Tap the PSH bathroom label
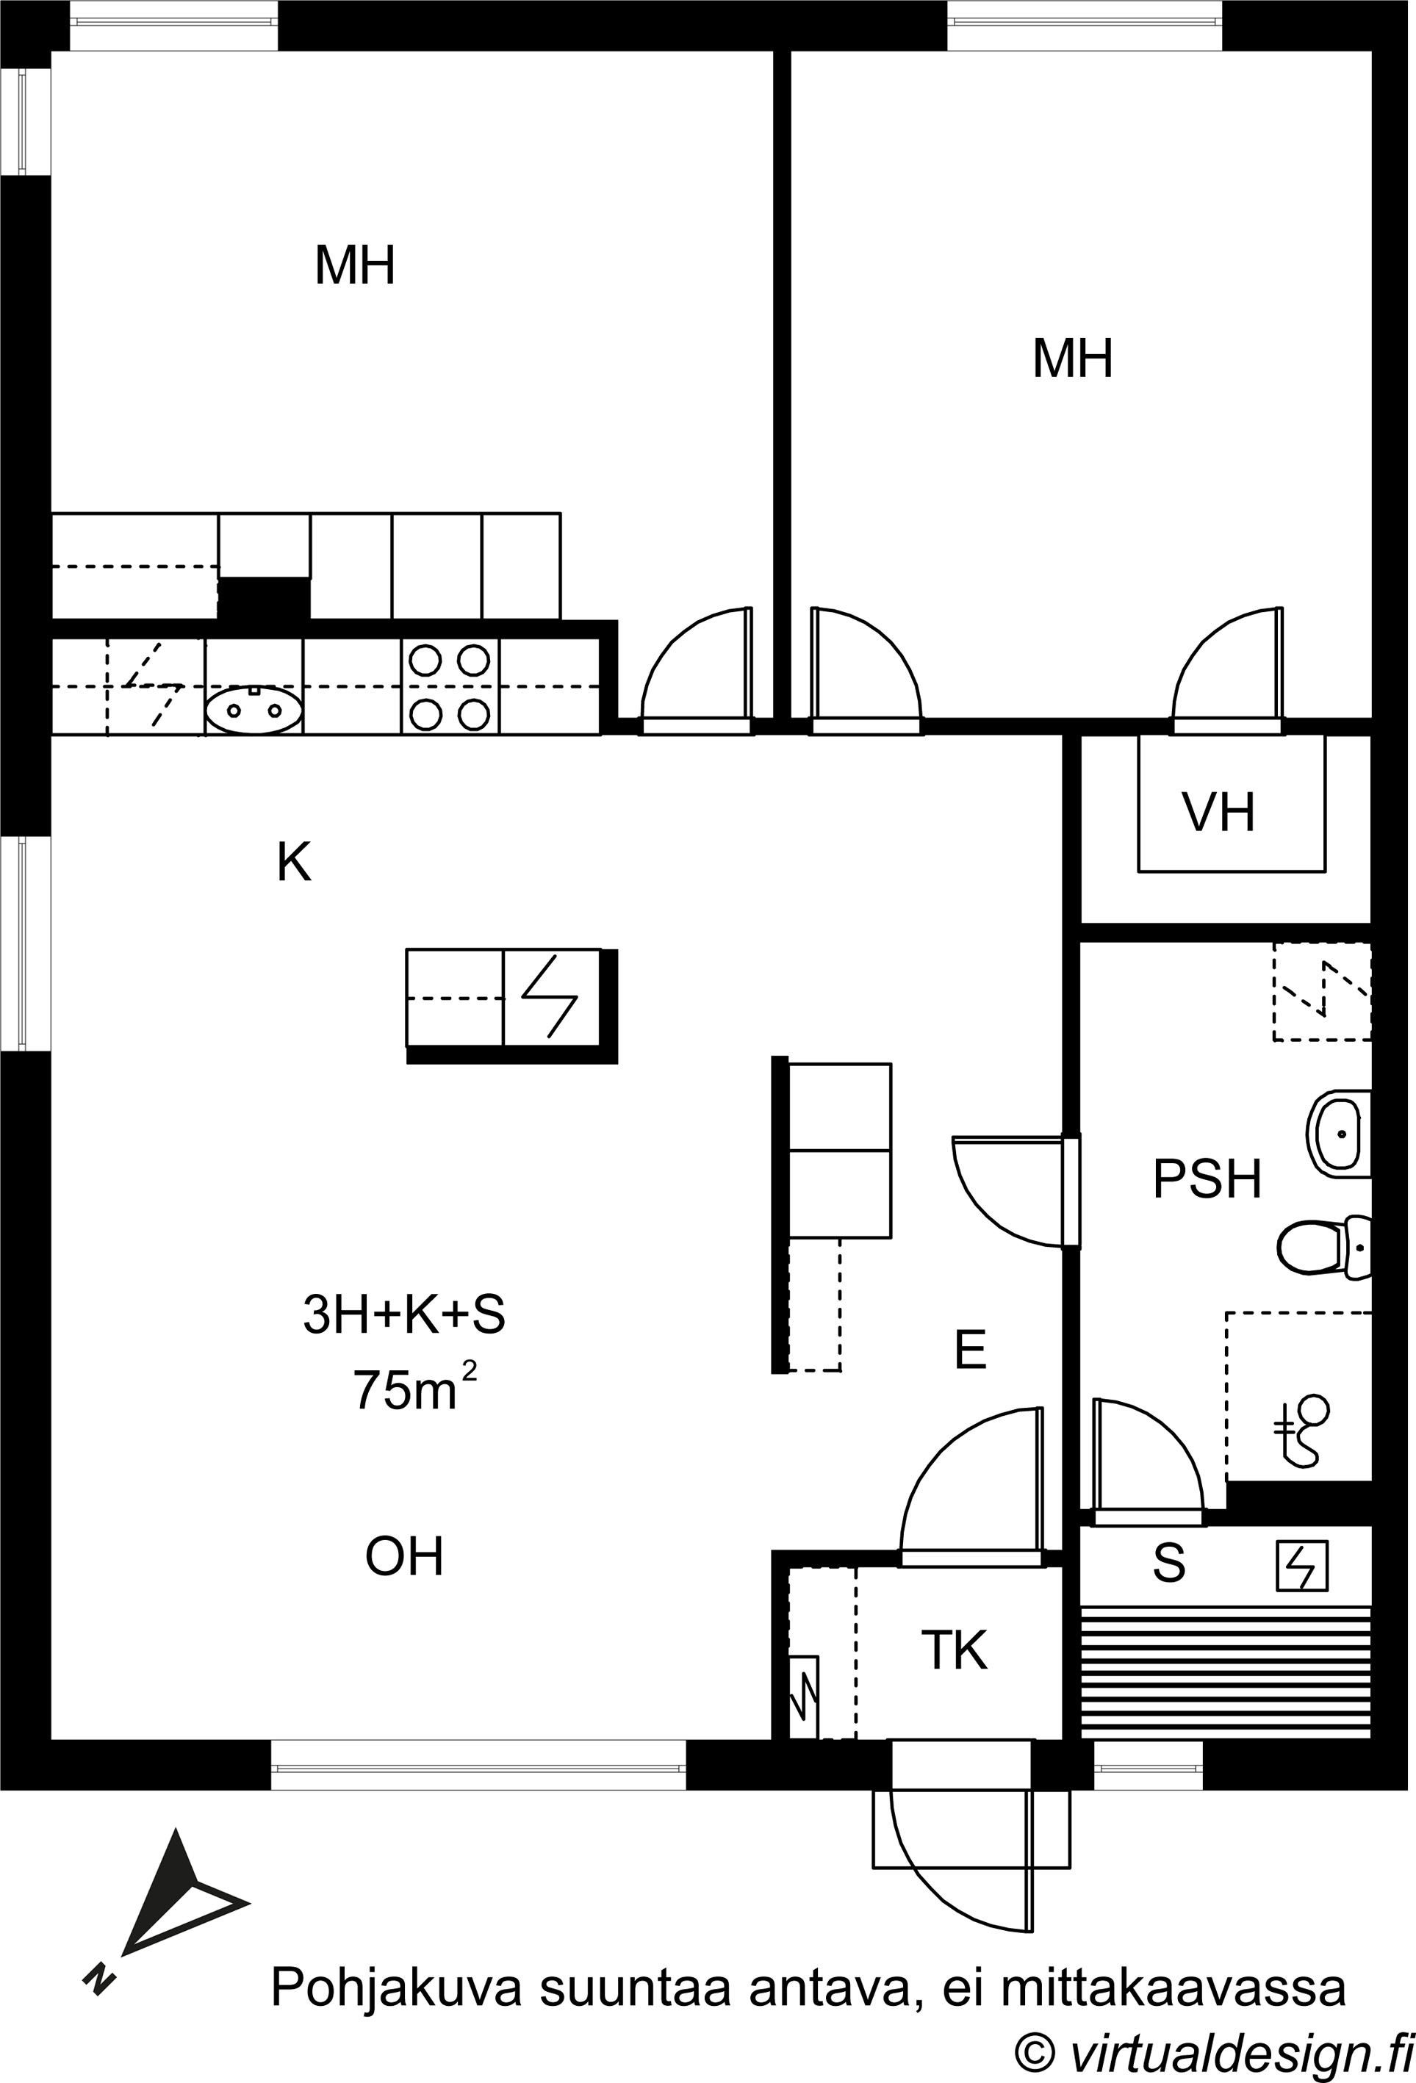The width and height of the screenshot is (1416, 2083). (1207, 1179)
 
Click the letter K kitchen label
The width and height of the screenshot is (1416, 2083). (294, 863)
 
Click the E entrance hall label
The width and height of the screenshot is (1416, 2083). (971, 1349)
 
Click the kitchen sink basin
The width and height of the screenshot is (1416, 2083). (254, 710)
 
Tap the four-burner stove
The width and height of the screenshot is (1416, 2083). (450, 688)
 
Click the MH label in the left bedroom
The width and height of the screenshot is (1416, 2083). (355, 265)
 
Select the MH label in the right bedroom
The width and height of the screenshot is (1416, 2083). (1072, 359)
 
